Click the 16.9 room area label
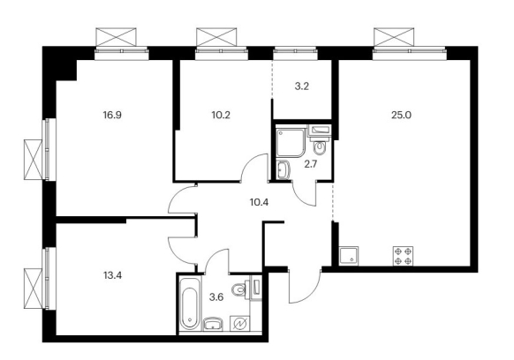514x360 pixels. pyautogui.click(x=112, y=115)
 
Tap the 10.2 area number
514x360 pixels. pyautogui.click(x=221, y=115)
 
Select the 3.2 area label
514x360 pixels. pyautogui.click(x=302, y=86)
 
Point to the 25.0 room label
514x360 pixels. pyautogui.click(x=401, y=115)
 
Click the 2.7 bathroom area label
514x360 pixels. pyautogui.click(x=311, y=164)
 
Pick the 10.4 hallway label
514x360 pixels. pyautogui.click(x=259, y=202)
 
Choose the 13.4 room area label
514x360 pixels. pyautogui.click(x=112, y=275)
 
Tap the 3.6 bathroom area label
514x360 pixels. pyautogui.click(x=216, y=297)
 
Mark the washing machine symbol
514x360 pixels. pyautogui.click(x=240, y=324)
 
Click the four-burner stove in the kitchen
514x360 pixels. pyautogui.click(x=403, y=256)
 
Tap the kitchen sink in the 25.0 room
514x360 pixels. pyautogui.click(x=349, y=256)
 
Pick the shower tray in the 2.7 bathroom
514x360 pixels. pyautogui.click(x=291, y=142)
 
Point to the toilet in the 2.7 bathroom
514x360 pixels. pyautogui.click(x=320, y=146)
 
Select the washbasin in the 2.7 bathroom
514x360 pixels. pyautogui.click(x=283, y=169)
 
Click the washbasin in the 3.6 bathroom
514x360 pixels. pyautogui.click(x=213, y=324)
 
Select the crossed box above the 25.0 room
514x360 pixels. pyautogui.click(x=394, y=37)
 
